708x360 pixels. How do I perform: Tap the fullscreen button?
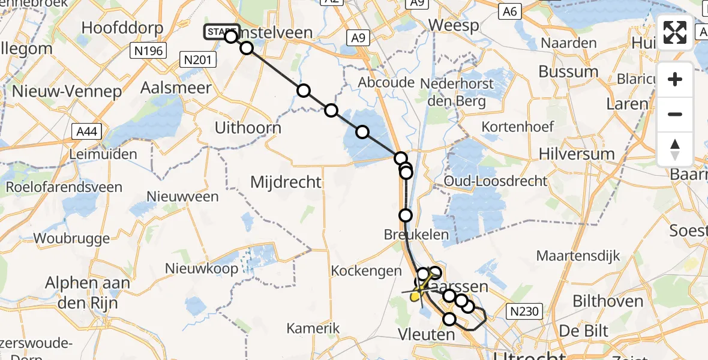(x=675, y=32)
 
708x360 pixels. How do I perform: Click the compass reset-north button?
(x=675, y=149)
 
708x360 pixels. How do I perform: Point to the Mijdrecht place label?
(x=286, y=181)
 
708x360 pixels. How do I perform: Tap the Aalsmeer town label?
(x=175, y=88)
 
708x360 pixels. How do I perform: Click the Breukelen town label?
(x=416, y=235)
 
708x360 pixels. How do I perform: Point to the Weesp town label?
(x=454, y=26)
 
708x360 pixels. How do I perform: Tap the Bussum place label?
(x=568, y=71)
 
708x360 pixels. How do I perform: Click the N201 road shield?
(x=197, y=59)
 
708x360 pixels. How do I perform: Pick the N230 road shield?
(x=526, y=311)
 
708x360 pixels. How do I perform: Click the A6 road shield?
(x=509, y=11)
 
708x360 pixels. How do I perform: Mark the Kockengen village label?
(x=366, y=271)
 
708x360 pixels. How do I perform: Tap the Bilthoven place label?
(x=608, y=301)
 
